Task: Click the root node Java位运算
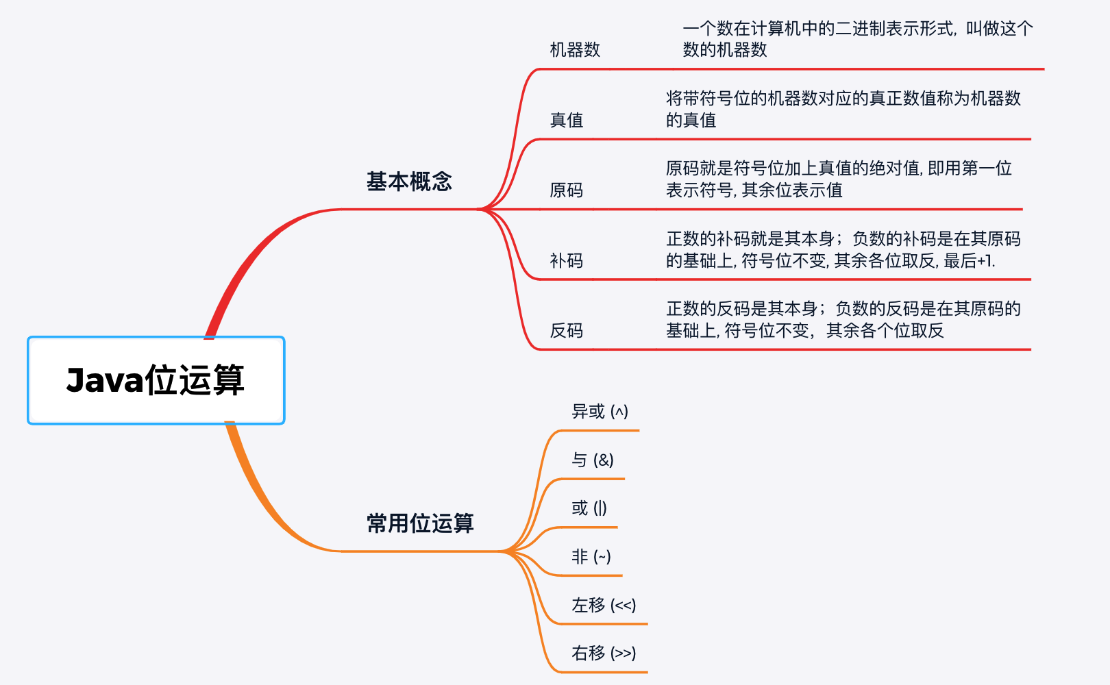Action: coord(156,380)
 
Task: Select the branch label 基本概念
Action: coord(409,182)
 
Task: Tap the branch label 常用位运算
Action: coord(420,523)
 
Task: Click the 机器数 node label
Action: coord(575,50)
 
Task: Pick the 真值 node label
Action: coord(567,121)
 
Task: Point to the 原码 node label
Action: coord(567,190)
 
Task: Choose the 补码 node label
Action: coord(567,261)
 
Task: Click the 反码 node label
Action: coord(567,331)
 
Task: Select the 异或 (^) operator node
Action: coord(600,412)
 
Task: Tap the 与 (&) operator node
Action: coord(593,460)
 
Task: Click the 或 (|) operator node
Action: coord(589,508)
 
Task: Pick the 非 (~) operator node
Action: coord(591,557)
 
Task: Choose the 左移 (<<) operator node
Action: coord(604,606)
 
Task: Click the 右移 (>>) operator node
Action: coord(604,653)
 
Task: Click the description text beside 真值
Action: coord(843,110)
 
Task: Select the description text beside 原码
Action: coord(839,179)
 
